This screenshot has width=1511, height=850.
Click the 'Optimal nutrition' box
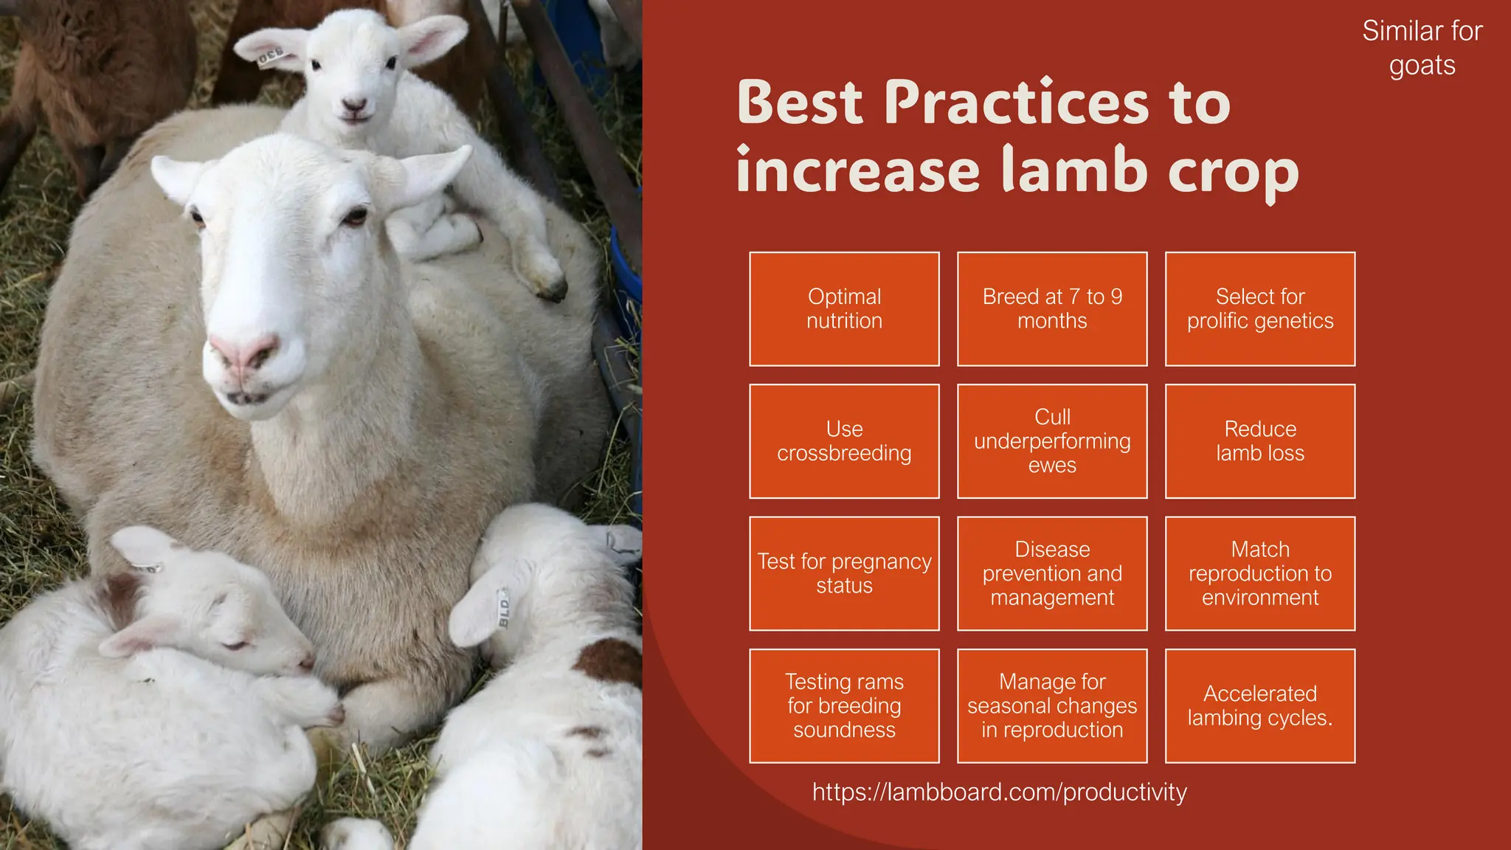(x=844, y=308)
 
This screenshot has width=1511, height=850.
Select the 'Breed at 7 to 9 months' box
(x=1052, y=308)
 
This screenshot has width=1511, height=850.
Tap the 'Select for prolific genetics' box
(x=1260, y=308)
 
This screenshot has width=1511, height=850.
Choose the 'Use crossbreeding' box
(x=844, y=441)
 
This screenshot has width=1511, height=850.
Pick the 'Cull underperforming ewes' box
(x=1052, y=441)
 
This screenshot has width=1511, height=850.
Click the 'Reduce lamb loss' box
(x=1260, y=441)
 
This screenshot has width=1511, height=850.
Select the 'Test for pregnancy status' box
(x=844, y=573)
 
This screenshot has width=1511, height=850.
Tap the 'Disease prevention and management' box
(x=1052, y=573)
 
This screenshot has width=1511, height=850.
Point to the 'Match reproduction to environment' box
(x=1260, y=573)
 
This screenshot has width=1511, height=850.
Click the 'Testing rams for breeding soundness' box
(x=844, y=705)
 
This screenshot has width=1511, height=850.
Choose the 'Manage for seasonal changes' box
(x=1052, y=705)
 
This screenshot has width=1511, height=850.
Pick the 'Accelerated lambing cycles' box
(x=1260, y=705)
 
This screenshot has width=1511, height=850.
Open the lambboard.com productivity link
(x=1000, y=792)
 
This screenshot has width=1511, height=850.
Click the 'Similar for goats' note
(x=1422, y=48)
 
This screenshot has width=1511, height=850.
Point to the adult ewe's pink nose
(x=243, y=353)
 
